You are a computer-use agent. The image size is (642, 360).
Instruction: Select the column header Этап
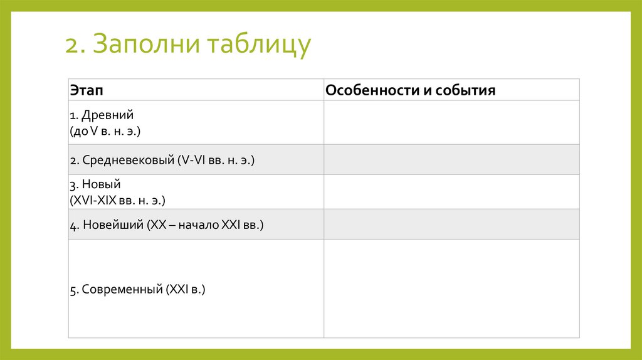tap(87, 90)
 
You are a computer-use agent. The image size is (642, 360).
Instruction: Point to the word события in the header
tap(464, 90)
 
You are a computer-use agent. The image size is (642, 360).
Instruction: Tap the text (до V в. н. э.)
tap(105, 132)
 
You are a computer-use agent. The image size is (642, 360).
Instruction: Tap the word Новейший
tap(112, 225)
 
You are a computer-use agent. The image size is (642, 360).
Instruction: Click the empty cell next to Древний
tap(451, 122)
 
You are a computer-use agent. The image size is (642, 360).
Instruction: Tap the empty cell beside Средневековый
tap(451, 159)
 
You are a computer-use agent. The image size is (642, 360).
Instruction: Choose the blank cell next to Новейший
tap(451, 224)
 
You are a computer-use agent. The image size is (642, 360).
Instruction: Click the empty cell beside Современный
tap(451, 289)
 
